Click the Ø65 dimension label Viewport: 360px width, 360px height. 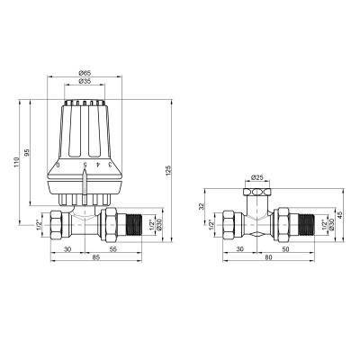[85, 72]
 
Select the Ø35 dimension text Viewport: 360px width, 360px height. [85, 82]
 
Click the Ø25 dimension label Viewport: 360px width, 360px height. [256, 177]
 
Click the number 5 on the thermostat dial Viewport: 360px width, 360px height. [85, 166]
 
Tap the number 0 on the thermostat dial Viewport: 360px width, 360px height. [58, 166]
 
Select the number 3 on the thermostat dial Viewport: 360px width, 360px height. [109, 165]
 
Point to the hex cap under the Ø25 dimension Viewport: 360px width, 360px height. [256, 193]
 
